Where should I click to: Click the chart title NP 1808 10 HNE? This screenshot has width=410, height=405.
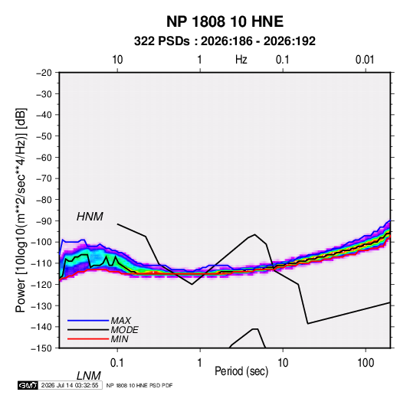(x=225, y=21)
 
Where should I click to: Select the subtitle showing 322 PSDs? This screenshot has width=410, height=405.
(x=225, y=41)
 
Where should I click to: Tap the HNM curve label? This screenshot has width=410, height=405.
(x=90, y=217)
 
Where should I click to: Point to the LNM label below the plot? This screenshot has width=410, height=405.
(x=88, y=376)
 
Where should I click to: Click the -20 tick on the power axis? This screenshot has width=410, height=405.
(x=44, y=73)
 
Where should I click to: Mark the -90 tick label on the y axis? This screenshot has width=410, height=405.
(x=44, y=220)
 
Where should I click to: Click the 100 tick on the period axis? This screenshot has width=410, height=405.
(x=366, y=363)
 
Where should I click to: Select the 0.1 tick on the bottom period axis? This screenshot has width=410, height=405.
(x=117, y=363)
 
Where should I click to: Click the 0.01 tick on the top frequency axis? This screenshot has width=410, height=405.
(x=365, y=60)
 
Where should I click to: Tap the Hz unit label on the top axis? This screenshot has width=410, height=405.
(x=241, y=60)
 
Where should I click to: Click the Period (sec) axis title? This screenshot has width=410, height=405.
(x=241, y=371)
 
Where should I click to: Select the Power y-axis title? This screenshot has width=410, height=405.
(x=21, y=211)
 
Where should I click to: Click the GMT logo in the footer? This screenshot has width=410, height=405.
(x=28, y=385)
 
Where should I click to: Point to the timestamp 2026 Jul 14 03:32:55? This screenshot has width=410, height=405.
(x=70, y=385)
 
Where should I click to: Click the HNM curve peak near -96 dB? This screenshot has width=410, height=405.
(x=254, y=234)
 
